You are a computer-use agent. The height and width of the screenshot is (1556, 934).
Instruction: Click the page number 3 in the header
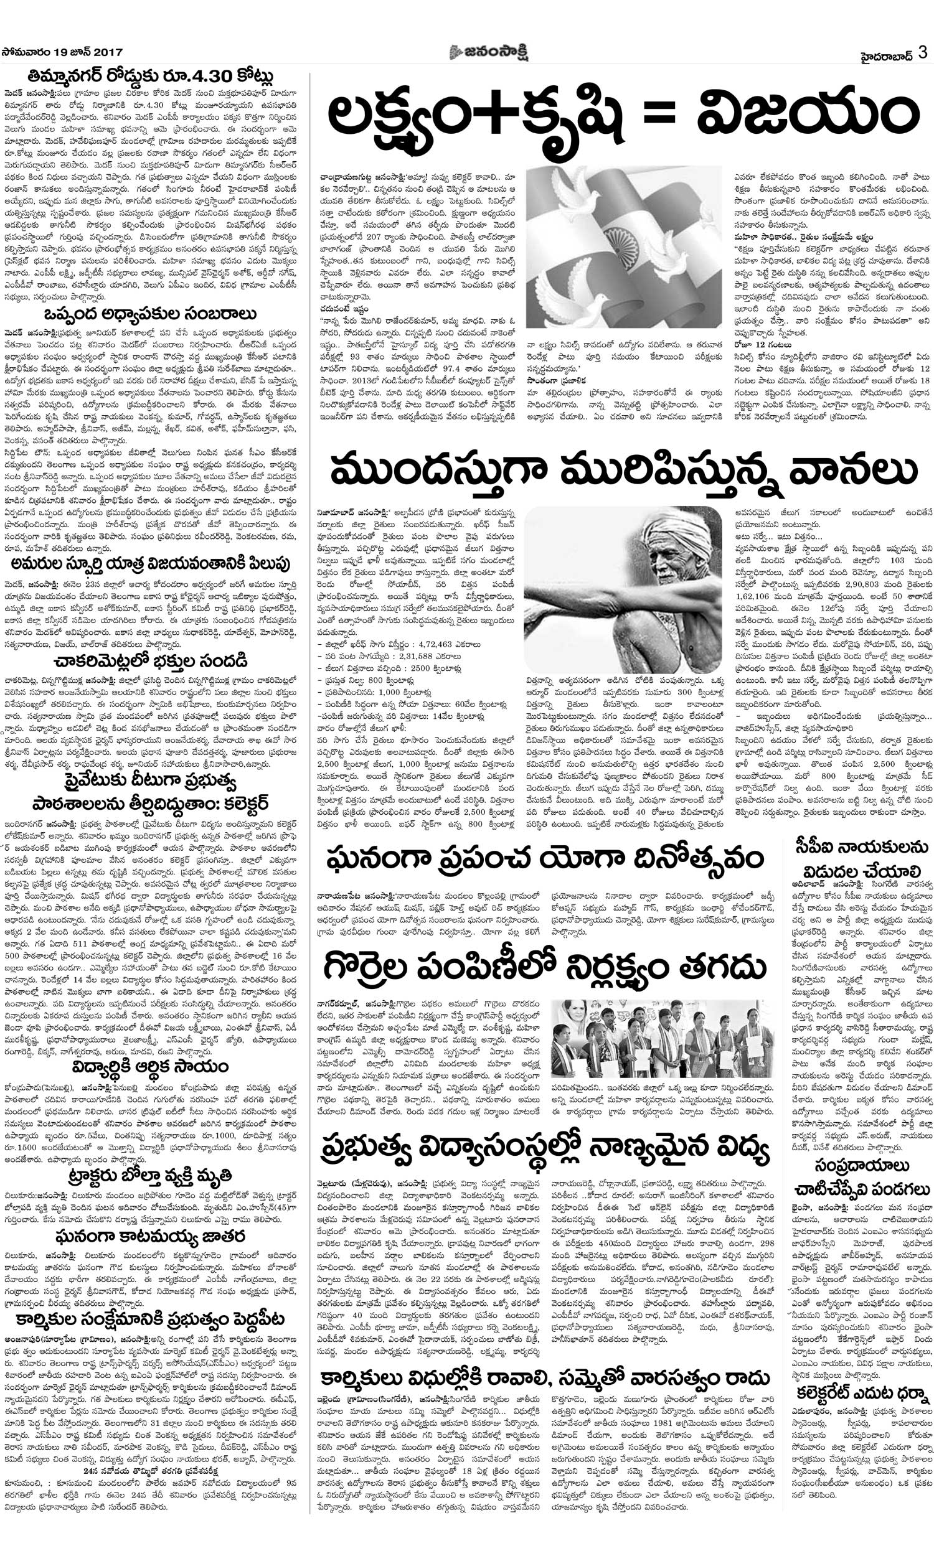(x=923, y=52)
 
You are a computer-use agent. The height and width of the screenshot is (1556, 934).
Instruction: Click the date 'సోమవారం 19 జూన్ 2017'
(x=62, y=53)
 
